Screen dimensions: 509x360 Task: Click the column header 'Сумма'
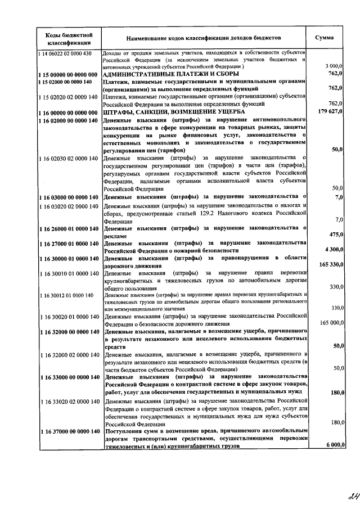(324, 38)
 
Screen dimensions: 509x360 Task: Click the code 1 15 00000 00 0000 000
(67, 74)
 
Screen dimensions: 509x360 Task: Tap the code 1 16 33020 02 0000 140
(67, 402)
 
